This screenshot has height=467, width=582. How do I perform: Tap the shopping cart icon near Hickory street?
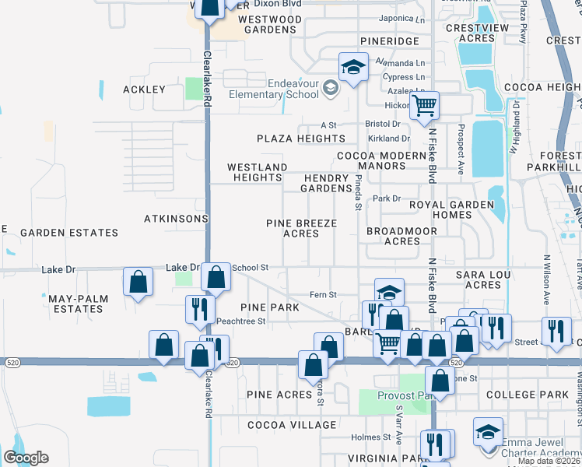(424, 105)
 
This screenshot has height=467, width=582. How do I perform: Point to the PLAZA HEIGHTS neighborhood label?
(301, 139)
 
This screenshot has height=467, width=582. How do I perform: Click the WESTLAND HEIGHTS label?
(257, 172)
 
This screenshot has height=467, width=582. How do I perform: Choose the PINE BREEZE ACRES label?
(301, 228)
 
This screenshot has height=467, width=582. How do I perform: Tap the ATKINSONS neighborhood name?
(176, 219)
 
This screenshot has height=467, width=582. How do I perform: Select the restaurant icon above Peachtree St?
(200, 309)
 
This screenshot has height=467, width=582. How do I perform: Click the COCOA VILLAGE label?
(292, 425)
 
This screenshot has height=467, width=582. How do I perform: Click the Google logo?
(26, 458)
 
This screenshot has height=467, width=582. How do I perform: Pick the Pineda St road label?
(358, 192)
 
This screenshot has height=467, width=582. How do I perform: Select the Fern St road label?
(323, 295)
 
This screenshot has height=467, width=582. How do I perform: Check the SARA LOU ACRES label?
(482, 280)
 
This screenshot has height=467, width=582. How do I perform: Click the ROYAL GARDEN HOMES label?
(452, 209)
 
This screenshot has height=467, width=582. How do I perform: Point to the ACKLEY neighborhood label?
(145, 90)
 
